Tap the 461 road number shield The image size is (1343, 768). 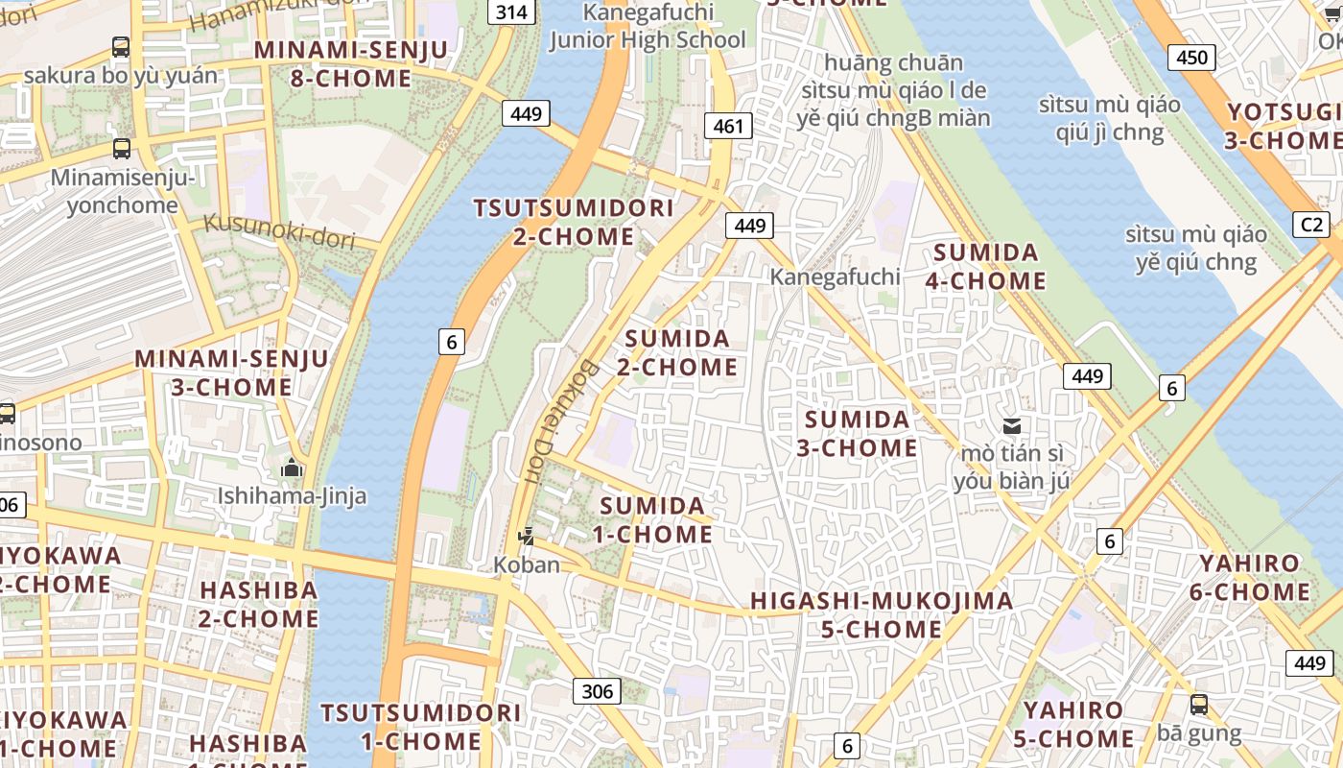point(728,125)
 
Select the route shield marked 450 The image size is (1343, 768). point(1191,58)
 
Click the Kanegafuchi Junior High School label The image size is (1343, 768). point(648,26)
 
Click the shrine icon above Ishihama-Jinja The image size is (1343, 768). point(292,468)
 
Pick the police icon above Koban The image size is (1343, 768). point(526,536)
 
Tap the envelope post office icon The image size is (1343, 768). point(1011,425)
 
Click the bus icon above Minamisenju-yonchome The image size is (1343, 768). point(122,149)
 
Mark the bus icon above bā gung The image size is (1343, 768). point(1199,705)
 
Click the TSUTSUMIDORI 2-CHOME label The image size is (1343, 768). point(574,222)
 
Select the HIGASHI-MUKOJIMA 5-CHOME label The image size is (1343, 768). point(881,615)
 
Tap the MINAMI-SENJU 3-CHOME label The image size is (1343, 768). point(231,373)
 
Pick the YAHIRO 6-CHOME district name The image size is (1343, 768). point(1250,577)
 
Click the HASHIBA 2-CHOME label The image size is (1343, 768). point(258,604)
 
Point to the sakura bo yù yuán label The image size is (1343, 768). point(121,75)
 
